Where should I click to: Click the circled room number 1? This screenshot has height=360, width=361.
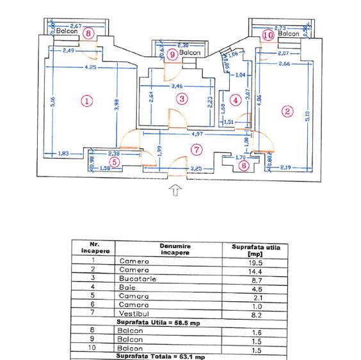(x=87, y=100)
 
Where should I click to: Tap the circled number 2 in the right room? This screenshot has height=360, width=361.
(x=287, y=111)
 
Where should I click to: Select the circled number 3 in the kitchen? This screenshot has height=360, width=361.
(x=182, y=98)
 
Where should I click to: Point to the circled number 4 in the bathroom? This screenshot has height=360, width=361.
(x=236, y=100)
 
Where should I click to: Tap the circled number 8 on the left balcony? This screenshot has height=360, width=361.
(x=88, y=33)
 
